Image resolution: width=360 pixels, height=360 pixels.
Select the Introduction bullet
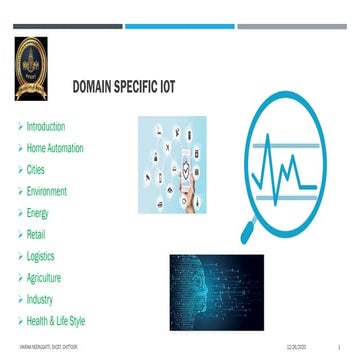click(45, 127)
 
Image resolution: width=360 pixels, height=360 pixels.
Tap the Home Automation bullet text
click(55, 148)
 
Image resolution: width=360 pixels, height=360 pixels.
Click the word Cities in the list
click(36, 170)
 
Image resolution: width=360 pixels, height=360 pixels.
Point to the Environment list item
click(47, 191)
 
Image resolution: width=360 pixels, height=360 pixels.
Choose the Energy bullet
click(38, 213)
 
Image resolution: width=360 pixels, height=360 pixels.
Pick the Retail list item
click(36, 234)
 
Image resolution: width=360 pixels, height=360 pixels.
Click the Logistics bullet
click(41, 256)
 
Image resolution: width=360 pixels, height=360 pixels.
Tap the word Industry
click(40, 299)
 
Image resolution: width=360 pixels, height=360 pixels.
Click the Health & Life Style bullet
click(56, 320)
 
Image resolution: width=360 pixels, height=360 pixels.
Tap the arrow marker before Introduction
click(19, 127)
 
